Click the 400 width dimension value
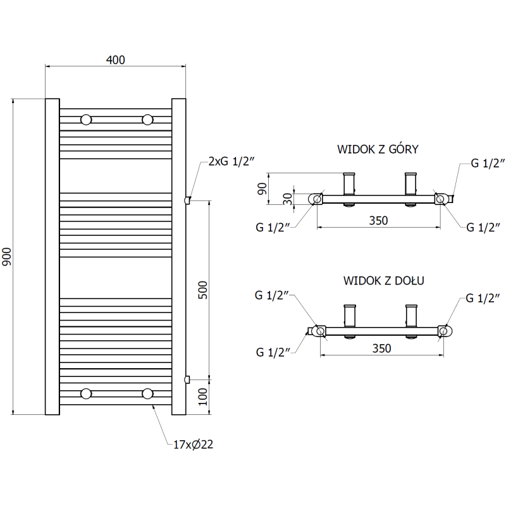click(x=116, y=60)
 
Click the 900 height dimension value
click(x=7, y=256)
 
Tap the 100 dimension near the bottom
click(x=203, y=397)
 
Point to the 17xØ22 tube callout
click(x=193, y=445)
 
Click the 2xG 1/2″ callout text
click(x=230, y=162)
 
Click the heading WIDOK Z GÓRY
click(x=378, y=150)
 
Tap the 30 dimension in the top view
click(x=288, y=198)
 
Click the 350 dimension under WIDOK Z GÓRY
click(x=378, y=220)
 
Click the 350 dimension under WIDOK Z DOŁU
click(x=381, y=348)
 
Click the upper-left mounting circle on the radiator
click(x=86, y=120)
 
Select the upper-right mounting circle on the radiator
click(x=148, y=120)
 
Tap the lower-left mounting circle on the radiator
click(x=86, y=394)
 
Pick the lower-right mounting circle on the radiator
click(x=148, y=394)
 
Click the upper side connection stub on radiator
click(x=187, y=201)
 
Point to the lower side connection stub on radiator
click(x=187, y=379)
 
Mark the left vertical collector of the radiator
click(x=52, y=256)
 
